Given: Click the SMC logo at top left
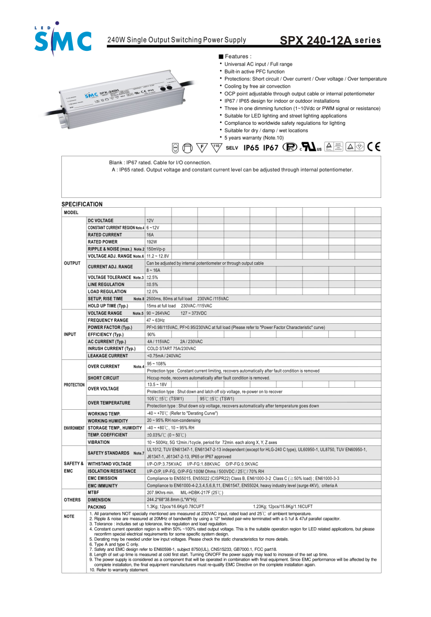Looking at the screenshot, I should [x=62, y=39].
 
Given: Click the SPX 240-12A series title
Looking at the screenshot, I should [x=330, y=41].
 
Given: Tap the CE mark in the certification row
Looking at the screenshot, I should [x=374, y=147].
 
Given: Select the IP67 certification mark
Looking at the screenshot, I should [x=271, y=148].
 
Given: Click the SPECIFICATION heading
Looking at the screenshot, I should [x=82, y=204].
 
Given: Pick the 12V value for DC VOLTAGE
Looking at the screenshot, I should [x=150, y=220].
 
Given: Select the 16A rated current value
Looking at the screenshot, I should [x=150, y=235].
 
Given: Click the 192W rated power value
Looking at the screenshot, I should [x=151, y=242].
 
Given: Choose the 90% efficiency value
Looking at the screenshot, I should [x=151, y=334].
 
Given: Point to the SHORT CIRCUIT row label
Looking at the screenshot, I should [x=103, y=378].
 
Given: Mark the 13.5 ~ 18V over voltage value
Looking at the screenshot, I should [x=157, y=385].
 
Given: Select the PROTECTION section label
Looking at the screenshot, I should [x=74, y=385].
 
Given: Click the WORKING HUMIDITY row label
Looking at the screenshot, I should [x=109, y=421].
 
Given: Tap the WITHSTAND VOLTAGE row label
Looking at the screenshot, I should [x=110, y=464].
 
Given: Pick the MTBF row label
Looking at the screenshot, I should [x=94, y=493].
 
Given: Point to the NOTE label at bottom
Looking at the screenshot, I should [x=69, y=517].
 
